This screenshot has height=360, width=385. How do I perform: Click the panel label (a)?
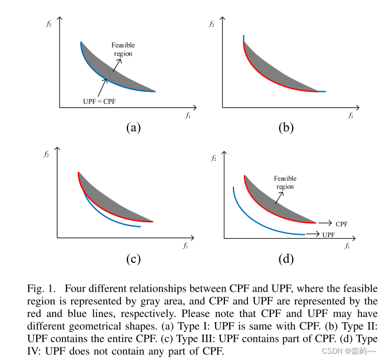pos(133,127)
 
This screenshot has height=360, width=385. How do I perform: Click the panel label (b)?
pos(286,127)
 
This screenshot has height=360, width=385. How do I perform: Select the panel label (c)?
pos(133,258)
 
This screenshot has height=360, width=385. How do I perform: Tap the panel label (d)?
pos(286,258)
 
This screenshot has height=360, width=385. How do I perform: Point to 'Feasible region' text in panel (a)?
pos(123,49)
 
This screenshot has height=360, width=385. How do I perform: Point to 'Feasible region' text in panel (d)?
pos(285,183)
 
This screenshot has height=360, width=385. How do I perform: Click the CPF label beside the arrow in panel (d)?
pos(343,223)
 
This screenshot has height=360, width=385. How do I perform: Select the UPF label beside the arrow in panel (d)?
pos(329,235)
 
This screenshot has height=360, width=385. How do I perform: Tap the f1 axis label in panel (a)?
pos(188,115)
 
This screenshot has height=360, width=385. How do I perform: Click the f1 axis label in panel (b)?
pos(350,115)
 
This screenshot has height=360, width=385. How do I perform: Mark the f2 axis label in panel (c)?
pos(46,154)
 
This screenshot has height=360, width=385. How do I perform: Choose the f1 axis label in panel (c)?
pos(185,246)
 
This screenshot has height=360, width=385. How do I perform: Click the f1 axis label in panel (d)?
pos(347,246)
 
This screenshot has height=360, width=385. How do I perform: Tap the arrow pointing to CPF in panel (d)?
pos(325,223)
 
